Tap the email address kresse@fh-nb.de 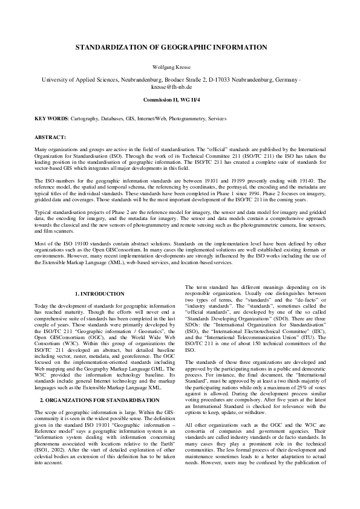pyautogui.click(x=180, y=87)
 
